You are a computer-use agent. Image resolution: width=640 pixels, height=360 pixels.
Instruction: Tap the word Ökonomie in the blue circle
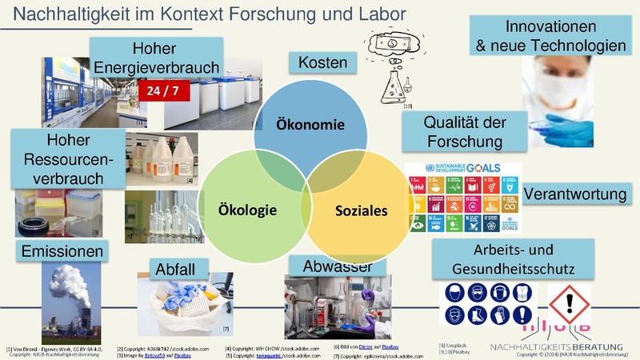(310, 125)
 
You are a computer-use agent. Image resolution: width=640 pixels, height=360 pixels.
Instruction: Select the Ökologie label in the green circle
(247, 210)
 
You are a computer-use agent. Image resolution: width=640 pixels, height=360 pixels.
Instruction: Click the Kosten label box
(322, 62)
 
